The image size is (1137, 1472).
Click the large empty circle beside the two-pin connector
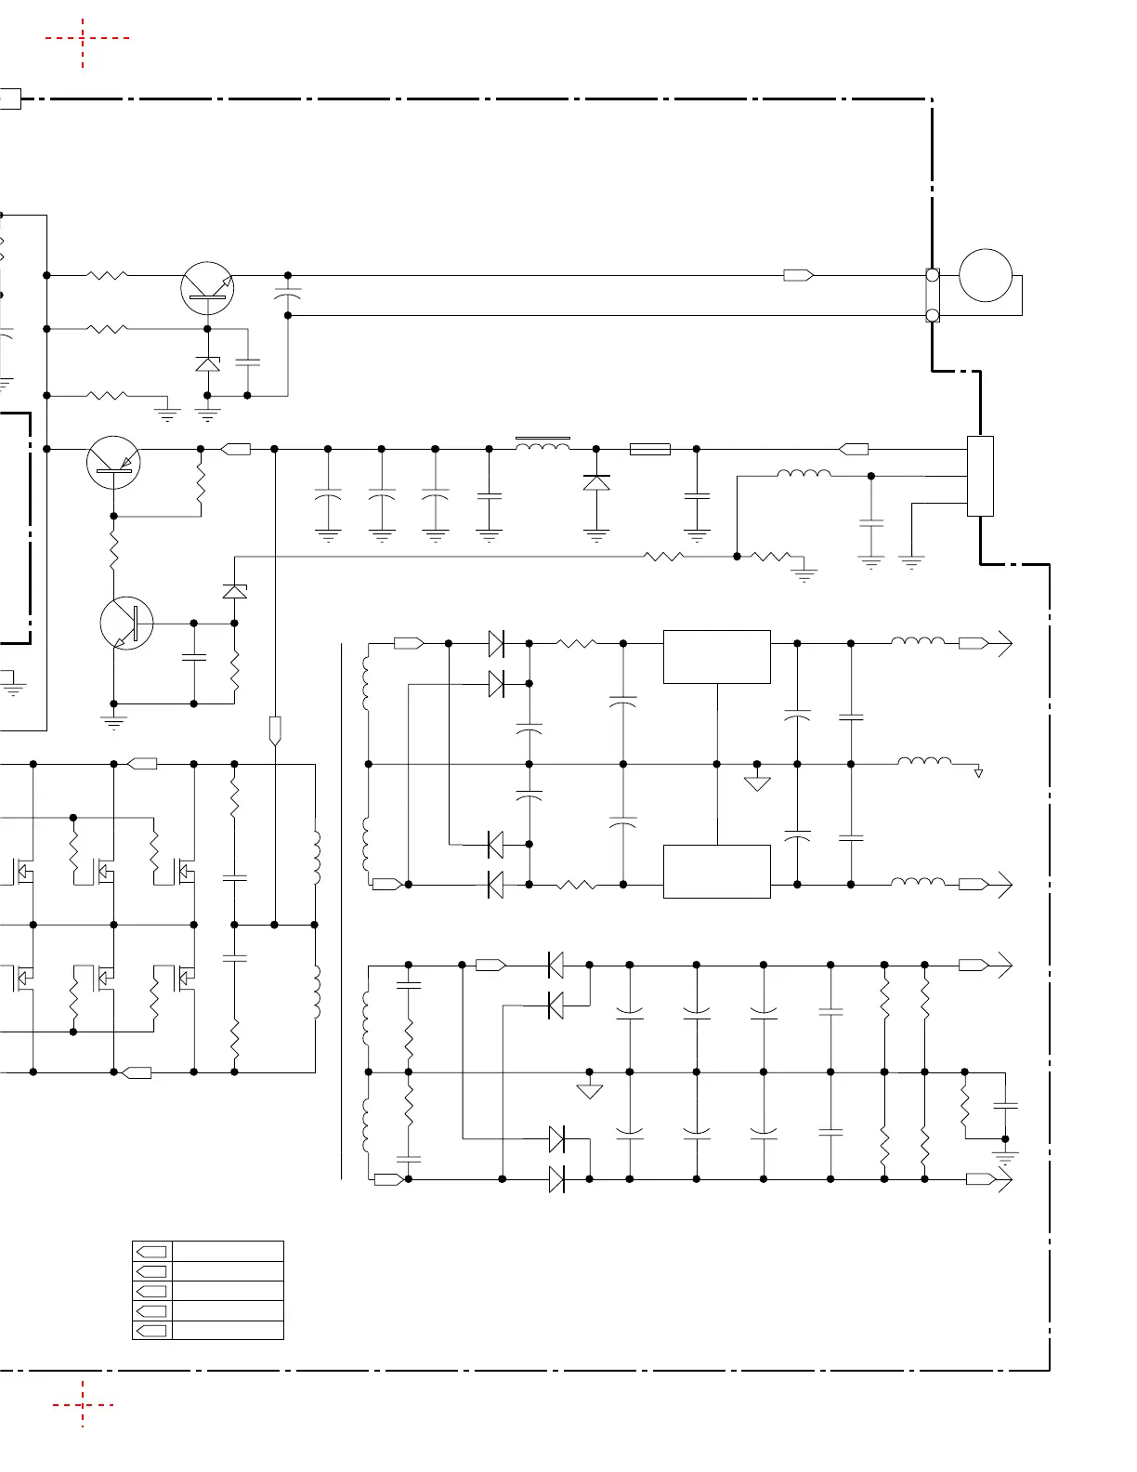tap(985, 276)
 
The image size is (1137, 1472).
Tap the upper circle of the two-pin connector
tap(933, 275)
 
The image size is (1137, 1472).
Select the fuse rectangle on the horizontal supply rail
tap(650, 449)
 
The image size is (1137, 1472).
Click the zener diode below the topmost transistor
tap(207, 363)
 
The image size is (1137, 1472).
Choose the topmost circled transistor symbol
tap(207, 288)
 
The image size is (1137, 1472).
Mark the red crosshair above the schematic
tap(83, 39)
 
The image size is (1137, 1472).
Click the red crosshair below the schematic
tap(83, 1404)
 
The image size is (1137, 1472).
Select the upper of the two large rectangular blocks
tap(716, 657)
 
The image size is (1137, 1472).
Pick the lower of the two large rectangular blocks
tap(716, 872)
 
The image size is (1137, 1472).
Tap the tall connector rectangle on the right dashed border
tap(980, 476)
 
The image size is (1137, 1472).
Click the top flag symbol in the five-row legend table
tap(151, 1252)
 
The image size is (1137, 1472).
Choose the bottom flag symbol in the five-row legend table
tap(151, 1330)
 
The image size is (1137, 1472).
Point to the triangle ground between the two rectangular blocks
tap(757, 782)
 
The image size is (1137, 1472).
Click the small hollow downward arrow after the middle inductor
tap(978, 772)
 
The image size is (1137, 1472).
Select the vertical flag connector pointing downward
tap(275, 730)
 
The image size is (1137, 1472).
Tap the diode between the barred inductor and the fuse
tap(596, 482)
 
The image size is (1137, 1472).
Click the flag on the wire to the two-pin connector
tap(798, 275)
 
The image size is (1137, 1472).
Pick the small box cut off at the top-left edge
tap(9, 99)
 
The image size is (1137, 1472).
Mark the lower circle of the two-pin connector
tap(933, 316)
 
